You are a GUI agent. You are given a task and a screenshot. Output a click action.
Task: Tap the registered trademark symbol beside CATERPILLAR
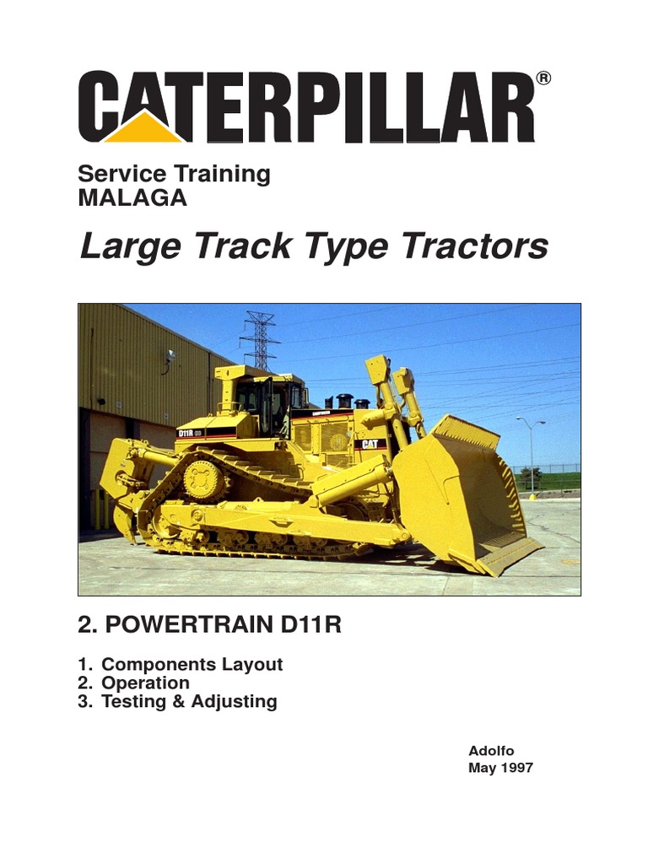pyautogui.click(x=543, y=78)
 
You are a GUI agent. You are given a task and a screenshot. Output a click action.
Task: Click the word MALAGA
pyautogui.click(x=132, y=198)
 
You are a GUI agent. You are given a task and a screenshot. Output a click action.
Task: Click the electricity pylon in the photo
pyautogui.click(x=260, y=337)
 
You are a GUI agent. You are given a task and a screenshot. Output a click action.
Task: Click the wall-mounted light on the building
pyautogui.click(x=170, y=357)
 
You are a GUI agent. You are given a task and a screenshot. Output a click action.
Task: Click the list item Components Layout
pyautogui.click(x=192, y=664)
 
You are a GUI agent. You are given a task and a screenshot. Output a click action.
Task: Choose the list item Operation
pyautogui.click(x=145, y=683)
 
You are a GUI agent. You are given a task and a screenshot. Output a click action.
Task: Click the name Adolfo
pyautogui.click(x=490, y=751)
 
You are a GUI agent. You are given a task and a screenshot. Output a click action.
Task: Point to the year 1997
pyautogui.click(x=516, y=768)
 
